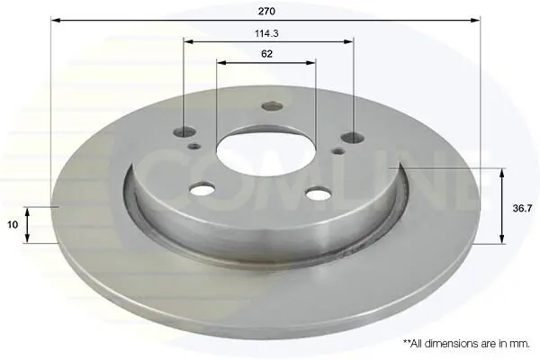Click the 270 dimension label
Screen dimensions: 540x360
[x=266, y=12]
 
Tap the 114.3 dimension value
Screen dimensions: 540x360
[x=266, y=33]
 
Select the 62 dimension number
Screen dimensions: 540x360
[x=266, y=54]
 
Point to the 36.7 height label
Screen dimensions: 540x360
[x=522, y=209]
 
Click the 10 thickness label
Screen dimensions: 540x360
[x=13, y=225]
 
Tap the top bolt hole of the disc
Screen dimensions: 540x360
[x=272, y=106]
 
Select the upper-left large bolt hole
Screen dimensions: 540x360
[x=184, y=131]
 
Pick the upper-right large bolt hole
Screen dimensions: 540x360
[x=353, y=138]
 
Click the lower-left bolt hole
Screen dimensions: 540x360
[x=202, y=189]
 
